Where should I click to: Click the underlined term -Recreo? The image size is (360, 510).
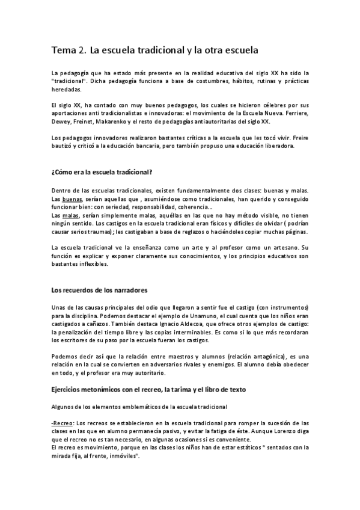point(61,423)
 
